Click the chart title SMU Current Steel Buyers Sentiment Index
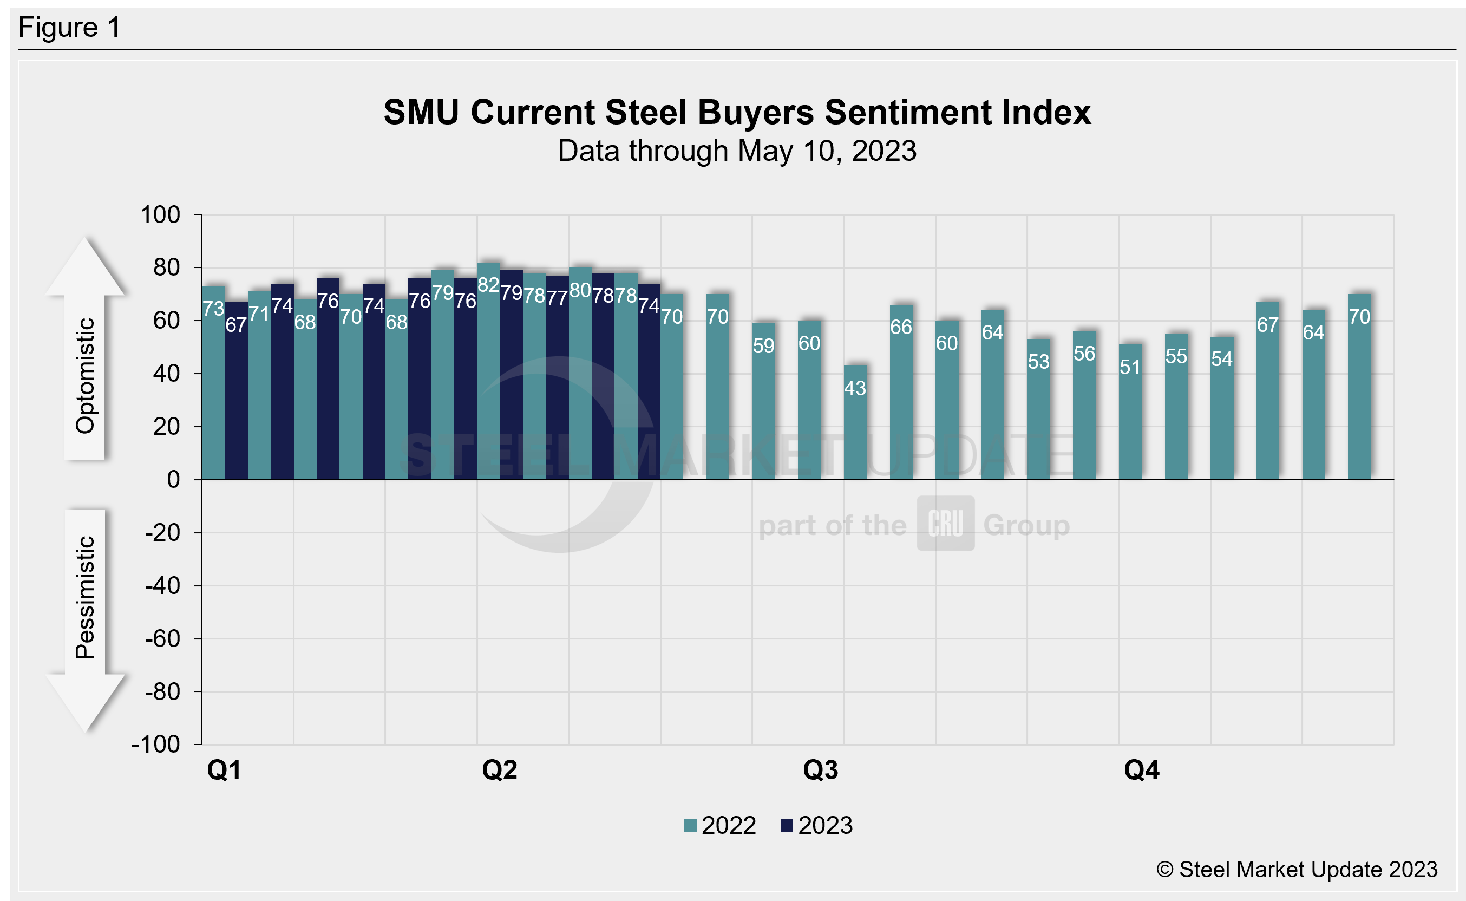click(x=737, y=112)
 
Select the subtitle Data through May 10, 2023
click(x=737, y=151)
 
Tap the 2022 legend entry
click(x=721, y=825)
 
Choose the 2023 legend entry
click(x=817, y=825)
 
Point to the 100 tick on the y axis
click(x=160, y=214)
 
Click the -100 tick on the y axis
click(x=156, y=745)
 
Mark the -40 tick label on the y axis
click(x=162, y=586)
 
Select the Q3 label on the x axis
click(x=820, y=770)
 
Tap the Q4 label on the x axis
click(x=1141, y=770)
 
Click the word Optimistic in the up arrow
click(x=85, y=375)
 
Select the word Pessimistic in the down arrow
click(x=85, y=597)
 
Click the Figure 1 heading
click(x=70, y=28)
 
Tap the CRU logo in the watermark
click(x=945, y=523)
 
